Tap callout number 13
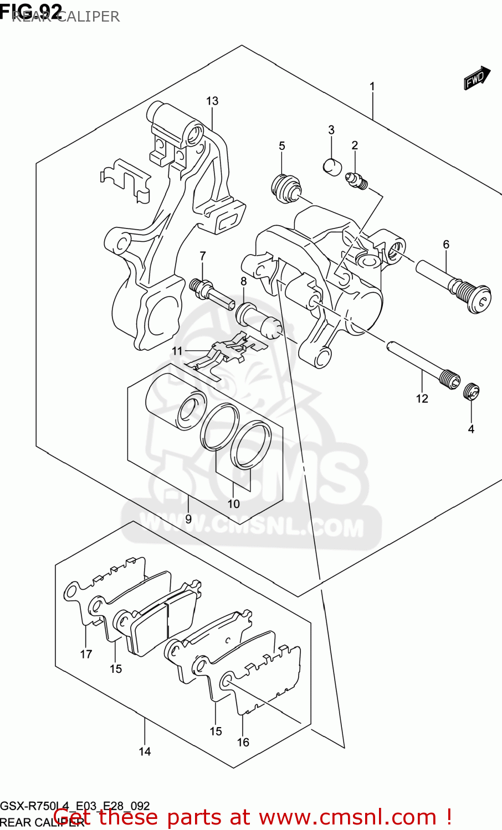click(x=212, y=101)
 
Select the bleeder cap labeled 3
click(x=332, y=166)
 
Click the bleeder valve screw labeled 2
click(x=357, y=181)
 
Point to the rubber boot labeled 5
click(x=286, y=188)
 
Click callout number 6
click(x=446, y=244)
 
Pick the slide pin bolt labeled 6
click(x=455, y=284)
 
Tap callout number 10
click(x=233, y=504)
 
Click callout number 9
click(x=188, y=519)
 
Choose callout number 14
click(x=145, y=751)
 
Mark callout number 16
click(x=243, y=742)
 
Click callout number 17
click(x=86, y=654)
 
